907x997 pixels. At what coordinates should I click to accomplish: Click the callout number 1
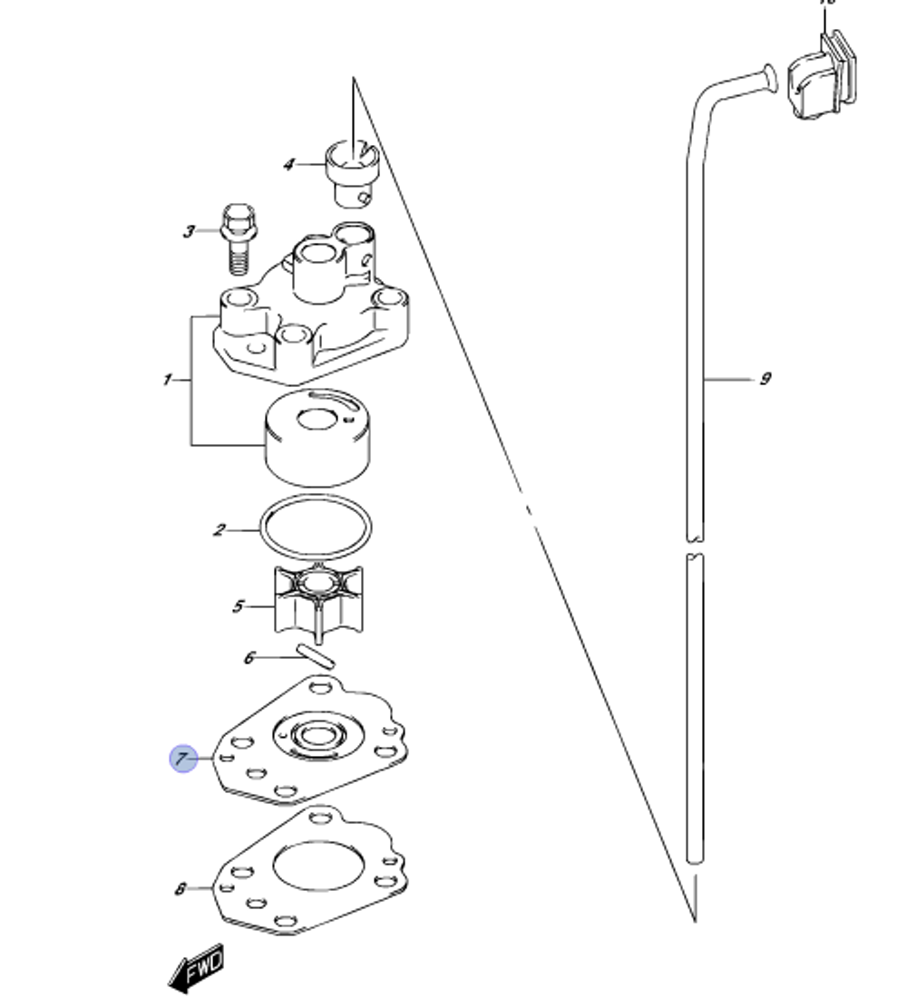pyautogui.click(x=168, y=380)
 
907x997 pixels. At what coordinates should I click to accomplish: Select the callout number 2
pyautogui.click(x=219, y=529)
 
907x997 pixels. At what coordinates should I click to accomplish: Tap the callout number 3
pyautogui.click(x=189, y=232)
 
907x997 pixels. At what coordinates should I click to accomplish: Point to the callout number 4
pyautogui.click(x=288, y=165)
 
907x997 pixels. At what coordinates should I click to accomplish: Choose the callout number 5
pyautogui.click(x=238, y=605)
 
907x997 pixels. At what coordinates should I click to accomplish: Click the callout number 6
pyautogui.click(x=249, y=658)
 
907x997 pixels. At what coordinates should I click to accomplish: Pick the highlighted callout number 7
pyautogui.click(x=184, y=759)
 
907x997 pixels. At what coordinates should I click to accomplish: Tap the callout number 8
pyautogui.click(x=180, y=889)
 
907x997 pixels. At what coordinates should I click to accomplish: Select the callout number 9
pyautogui.click(x=765, y=378)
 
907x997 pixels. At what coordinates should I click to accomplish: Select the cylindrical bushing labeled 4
pyautogui.click(x=351, y=172)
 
